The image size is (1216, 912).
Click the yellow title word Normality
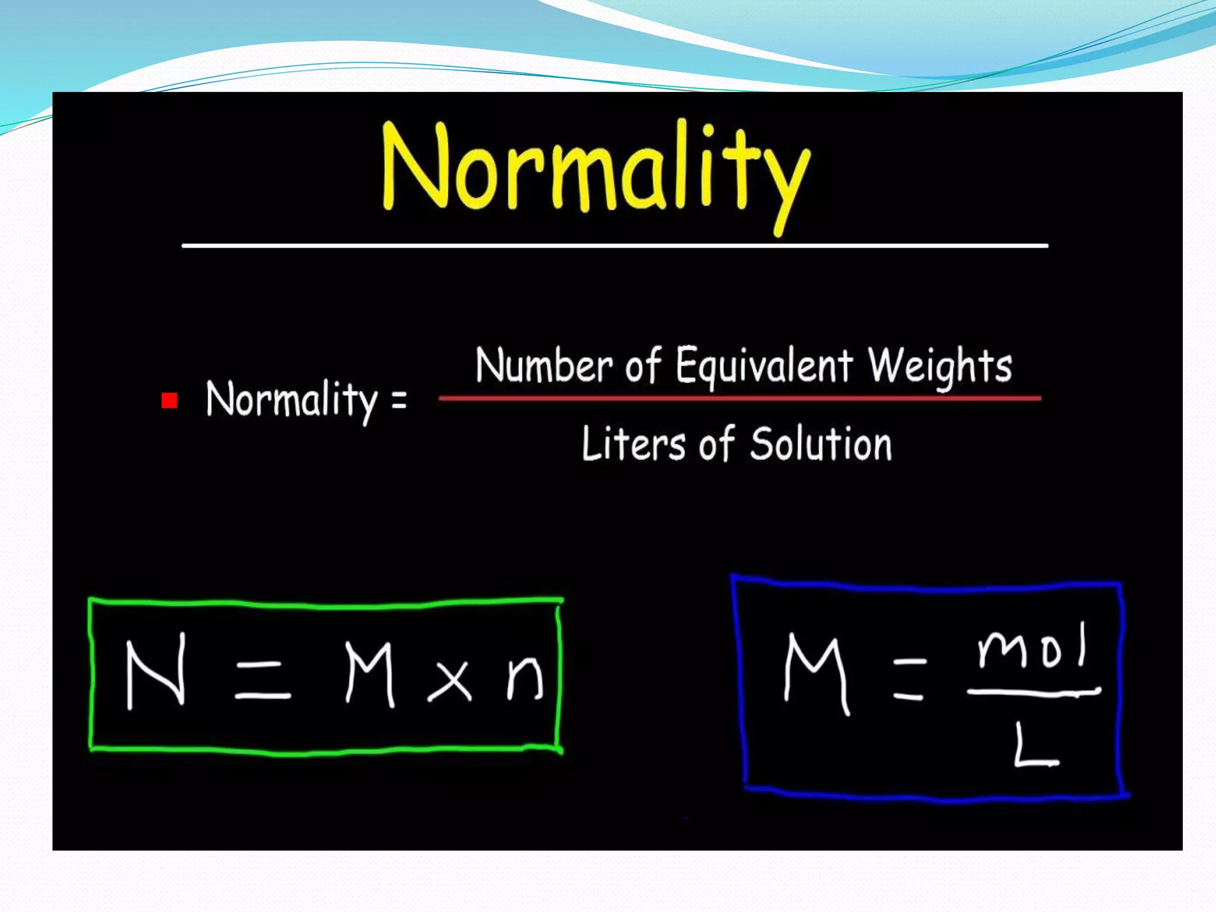coord(596,169)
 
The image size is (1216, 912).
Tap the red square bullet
coord(169,401)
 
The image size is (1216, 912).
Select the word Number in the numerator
coord(543,365)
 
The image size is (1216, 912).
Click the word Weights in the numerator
coord(940,366)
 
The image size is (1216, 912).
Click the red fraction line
coord(739,398)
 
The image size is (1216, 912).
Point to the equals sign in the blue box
coord(909,678)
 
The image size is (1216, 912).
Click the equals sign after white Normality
coord(399,399)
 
